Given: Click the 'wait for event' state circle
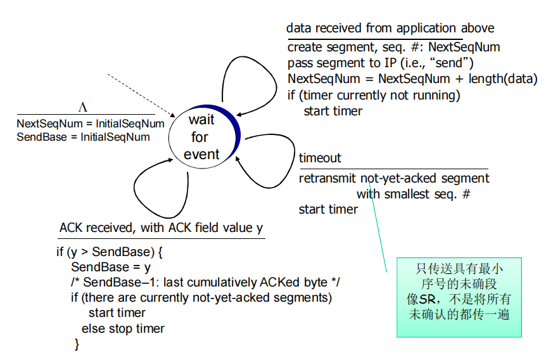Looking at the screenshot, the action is [205, 136].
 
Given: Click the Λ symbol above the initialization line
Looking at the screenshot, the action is [82, 107].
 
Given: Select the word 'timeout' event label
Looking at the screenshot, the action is [320, 158].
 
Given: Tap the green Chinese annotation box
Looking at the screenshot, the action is [459, 297].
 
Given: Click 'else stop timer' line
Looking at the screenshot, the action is [123, 328].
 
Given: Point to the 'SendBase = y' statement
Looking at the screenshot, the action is [111, 267].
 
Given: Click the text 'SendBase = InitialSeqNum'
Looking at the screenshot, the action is [83, 137].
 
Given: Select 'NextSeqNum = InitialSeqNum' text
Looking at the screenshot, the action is [91, 124].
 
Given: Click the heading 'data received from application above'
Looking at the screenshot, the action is [390, 28].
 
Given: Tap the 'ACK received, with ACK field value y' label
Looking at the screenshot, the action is [162, 228].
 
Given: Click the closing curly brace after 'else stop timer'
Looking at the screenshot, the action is [77, 344].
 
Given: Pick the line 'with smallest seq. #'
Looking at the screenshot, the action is [414, 194].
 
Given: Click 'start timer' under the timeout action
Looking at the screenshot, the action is [328, 209].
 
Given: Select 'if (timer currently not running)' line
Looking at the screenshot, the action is [374, 96].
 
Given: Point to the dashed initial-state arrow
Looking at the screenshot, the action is [141, 96].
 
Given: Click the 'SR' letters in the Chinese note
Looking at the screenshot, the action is [428, 299].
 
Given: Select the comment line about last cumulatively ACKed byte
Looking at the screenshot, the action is [205, 283].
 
